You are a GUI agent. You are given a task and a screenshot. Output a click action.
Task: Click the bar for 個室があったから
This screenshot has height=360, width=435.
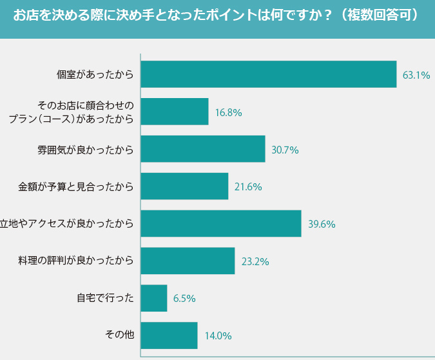[268, 74]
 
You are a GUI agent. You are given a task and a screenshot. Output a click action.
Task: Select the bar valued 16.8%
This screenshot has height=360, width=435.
[174, 112]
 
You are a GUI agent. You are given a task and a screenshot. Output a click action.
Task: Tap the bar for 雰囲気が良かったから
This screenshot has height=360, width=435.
[202, 149]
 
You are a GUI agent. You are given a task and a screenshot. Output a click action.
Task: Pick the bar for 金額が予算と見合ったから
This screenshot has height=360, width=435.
[184, 186]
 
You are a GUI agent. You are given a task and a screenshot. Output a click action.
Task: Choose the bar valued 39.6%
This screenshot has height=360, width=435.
[220, 224]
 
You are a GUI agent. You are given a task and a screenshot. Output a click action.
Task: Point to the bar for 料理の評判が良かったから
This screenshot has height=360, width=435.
[187, 261]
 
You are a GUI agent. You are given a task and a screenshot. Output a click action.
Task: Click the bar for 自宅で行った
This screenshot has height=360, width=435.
[153, 298]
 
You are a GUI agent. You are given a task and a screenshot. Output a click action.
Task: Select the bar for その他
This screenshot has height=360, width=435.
[168, 335]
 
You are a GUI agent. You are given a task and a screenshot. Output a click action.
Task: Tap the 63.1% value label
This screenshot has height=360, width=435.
[416, 75]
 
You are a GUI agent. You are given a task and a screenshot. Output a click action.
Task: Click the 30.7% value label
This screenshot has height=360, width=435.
[285, 150]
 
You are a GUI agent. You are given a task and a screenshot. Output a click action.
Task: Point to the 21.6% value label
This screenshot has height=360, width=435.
[248, 187]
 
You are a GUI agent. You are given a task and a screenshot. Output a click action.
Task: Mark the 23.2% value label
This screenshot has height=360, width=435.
[255, 262]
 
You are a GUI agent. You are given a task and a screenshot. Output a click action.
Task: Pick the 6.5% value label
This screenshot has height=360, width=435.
[184, 299]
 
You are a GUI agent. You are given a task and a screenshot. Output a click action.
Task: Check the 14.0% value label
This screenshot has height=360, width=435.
[218, 336]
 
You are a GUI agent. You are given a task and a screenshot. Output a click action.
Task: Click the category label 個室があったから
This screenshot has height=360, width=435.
[95, 75]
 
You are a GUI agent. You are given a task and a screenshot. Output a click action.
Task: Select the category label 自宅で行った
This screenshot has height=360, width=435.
[105, 298]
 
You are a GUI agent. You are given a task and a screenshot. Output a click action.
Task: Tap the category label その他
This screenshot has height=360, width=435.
[119, 335]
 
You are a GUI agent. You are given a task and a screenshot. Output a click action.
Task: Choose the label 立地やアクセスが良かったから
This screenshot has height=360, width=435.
[68, 224]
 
